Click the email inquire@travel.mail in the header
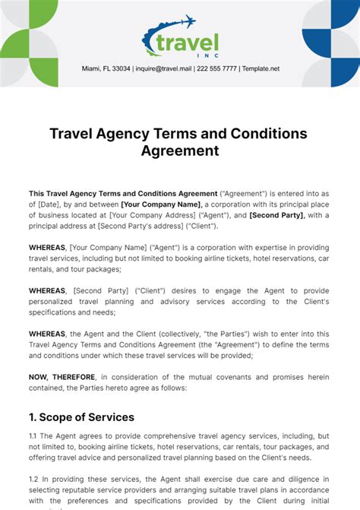[164, 68]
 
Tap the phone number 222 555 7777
[217, 68]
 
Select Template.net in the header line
[261, 68]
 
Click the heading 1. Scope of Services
[81, 417]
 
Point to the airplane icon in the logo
[185, 22]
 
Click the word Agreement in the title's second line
[180, 150]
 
